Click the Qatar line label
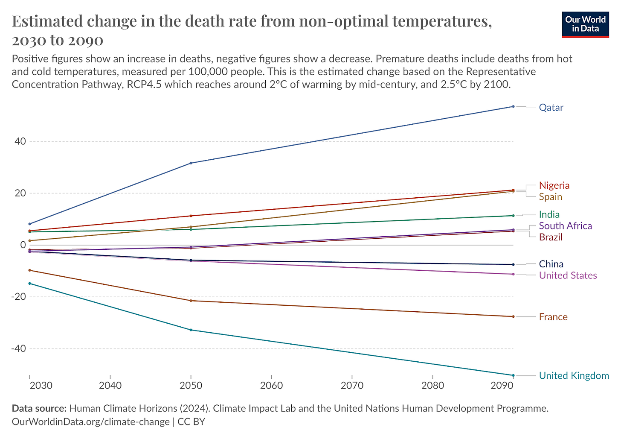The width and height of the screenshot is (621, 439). [551, 108]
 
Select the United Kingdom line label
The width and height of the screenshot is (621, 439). [574, 376]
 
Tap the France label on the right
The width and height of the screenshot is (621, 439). [553, 317]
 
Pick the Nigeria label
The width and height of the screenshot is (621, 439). [554, 185]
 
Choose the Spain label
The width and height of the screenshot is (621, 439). [551, 197]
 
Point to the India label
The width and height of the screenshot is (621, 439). [549, 214]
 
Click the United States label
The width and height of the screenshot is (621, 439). [568, 275]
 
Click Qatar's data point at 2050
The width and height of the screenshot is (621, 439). [191, 163]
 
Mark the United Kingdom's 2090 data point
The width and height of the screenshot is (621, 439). [513, 375]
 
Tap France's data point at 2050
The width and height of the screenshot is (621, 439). [191, 301]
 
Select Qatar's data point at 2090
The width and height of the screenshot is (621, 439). [513, 106]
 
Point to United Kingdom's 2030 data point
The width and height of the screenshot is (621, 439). [29, 284]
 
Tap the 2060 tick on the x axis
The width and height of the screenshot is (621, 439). [271, 386]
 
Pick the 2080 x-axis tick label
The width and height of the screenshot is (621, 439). [432, 386]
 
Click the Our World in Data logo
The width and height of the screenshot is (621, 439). [585, 24]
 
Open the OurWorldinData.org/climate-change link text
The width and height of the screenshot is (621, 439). [90, 421]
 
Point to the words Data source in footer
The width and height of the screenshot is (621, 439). [39, 408]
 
